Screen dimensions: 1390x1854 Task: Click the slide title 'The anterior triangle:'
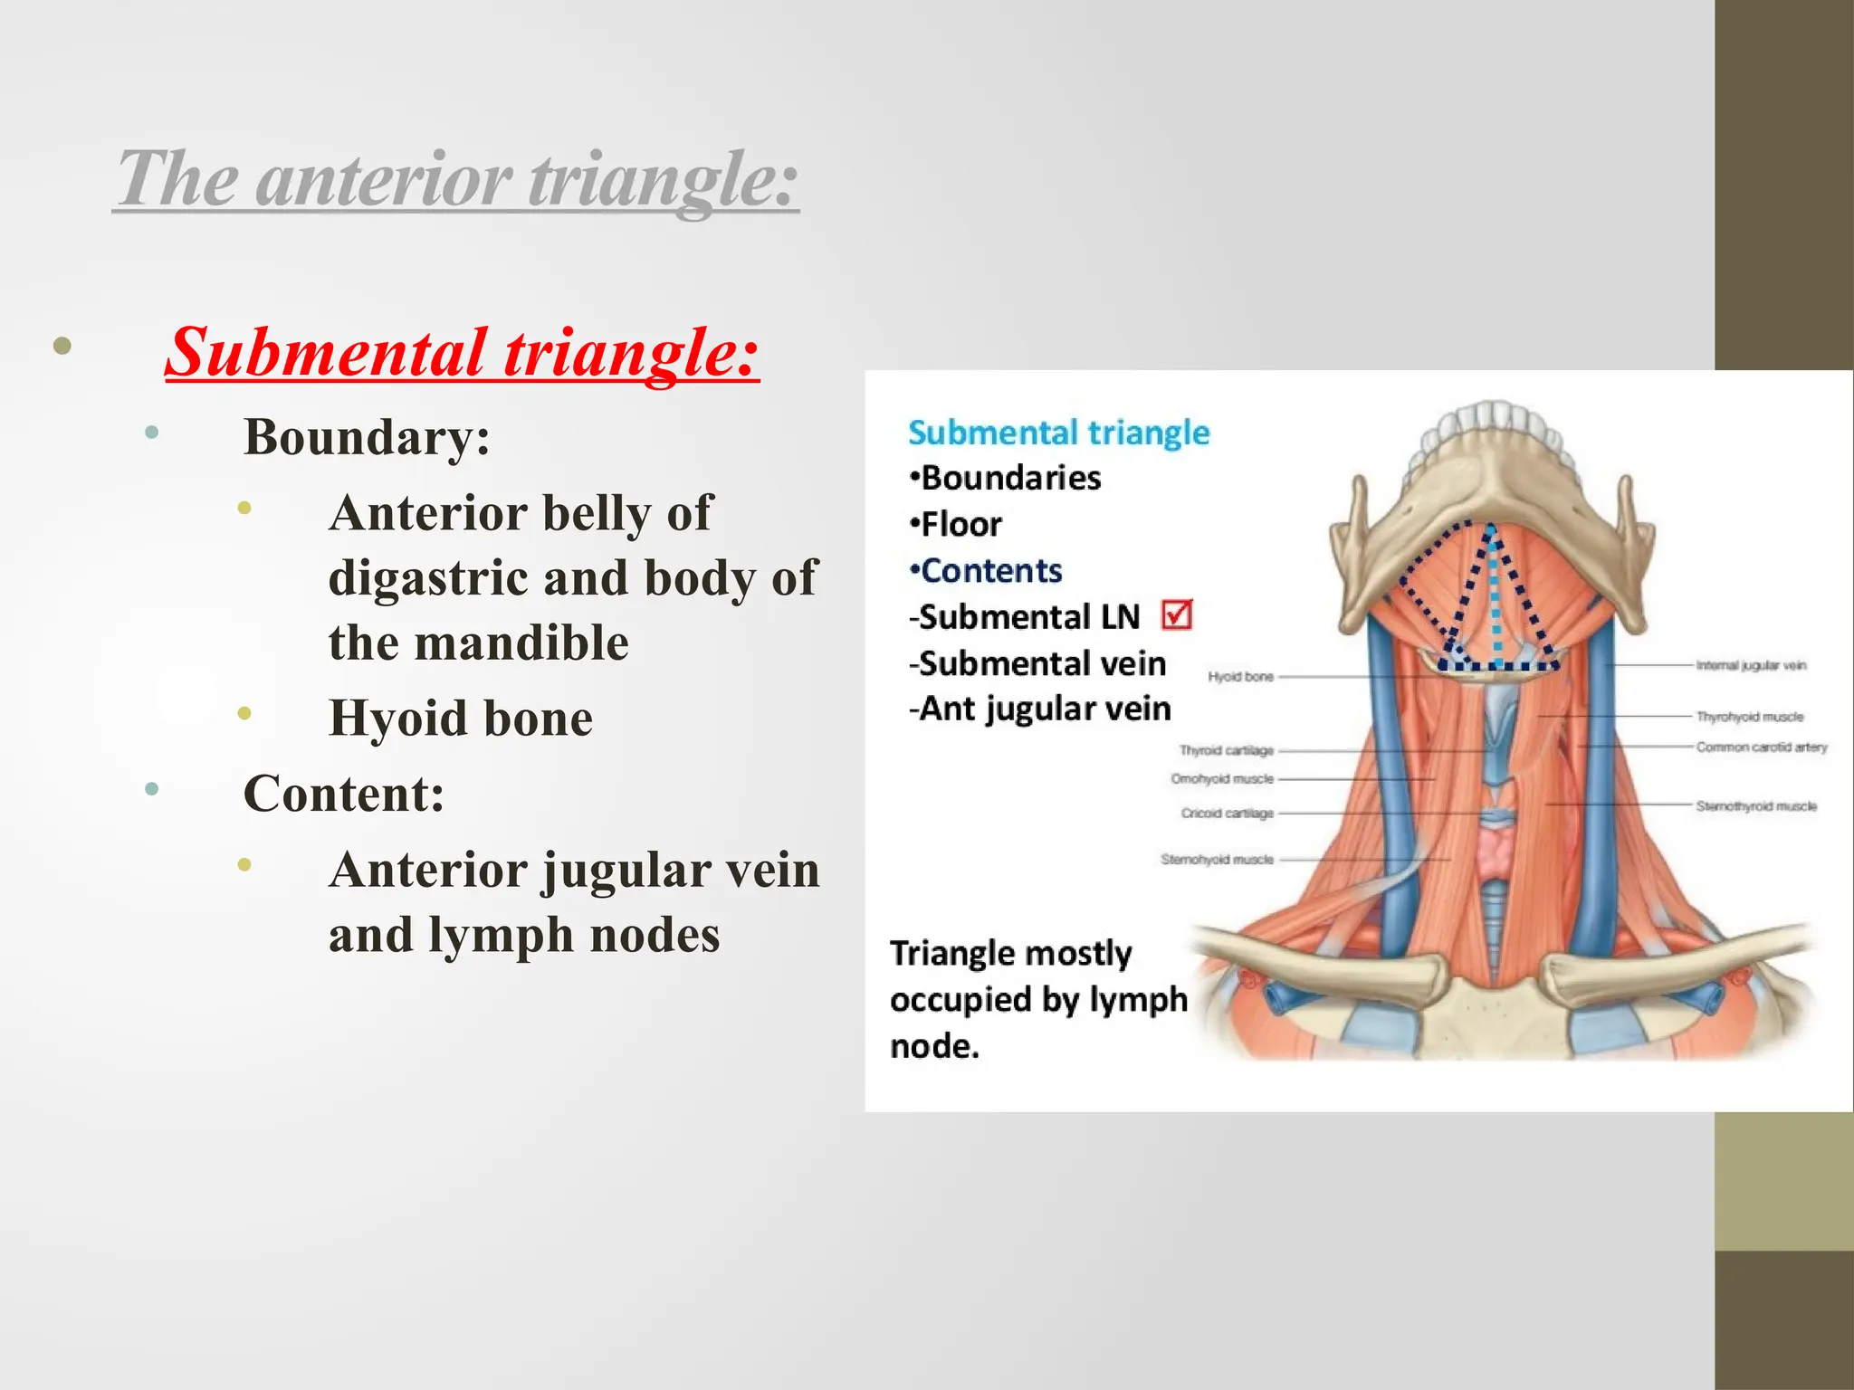tap(457, 178)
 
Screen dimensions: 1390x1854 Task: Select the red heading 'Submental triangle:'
tap(462, 352)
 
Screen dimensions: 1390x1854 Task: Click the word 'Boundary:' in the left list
tap(367, 437)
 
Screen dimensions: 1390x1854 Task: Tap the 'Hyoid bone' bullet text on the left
tap(460, 719)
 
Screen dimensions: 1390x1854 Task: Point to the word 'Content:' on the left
tap(344, 795)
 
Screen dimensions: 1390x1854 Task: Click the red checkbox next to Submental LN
tap(1176, 615)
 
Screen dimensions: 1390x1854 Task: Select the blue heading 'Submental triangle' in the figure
tap(1058, 433)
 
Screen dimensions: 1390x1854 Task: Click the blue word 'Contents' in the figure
tap(990, 571)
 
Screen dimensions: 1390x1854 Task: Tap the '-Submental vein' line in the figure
tap(1037, 663)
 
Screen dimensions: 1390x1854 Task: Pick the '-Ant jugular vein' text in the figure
tap(1039, 709)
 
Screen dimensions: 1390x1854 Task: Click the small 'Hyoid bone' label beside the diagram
tap(1240, 676)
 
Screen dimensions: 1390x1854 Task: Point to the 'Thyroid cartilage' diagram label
tap(1226, 750)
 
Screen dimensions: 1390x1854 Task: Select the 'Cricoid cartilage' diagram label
tap(1227, 814)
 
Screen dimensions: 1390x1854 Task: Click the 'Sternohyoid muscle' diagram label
tap(1217, 859)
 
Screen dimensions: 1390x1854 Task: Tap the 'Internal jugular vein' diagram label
tap(1750, 665)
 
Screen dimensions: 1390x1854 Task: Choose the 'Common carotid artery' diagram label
tap(1761, 747)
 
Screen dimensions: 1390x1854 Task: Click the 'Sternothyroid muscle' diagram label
tap(1755, 805)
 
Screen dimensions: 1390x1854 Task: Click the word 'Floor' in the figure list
tap(960, 525)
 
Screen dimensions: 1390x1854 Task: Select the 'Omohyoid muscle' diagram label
tap(1221, 778)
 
